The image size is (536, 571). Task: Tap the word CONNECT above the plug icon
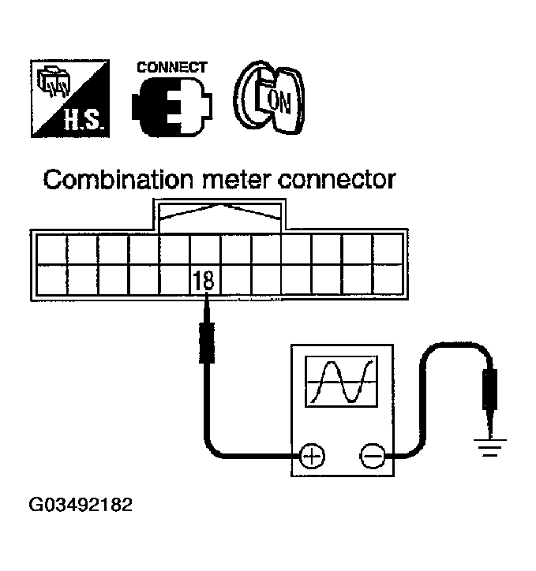point(172,67)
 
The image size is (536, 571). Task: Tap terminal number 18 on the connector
point(205,278)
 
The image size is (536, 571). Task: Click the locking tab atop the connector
point(220,214)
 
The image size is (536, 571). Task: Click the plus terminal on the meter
point(313,456)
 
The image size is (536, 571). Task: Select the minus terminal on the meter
point(372,456)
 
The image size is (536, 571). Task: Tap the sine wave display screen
point(342,382)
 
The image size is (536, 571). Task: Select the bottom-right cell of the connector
point(388,279)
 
